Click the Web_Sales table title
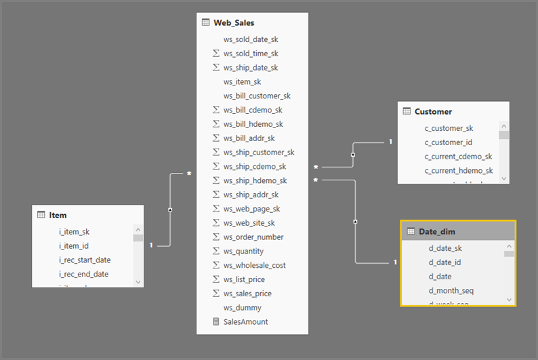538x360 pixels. pos(234,22)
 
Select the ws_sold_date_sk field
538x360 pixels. pos(250,39)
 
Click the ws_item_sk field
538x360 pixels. pos(242,82)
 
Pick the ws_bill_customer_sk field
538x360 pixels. pos(257,96)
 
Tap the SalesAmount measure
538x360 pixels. pos(245,322)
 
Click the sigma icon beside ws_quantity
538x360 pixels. pos(216,252)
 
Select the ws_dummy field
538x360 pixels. pos(242,308)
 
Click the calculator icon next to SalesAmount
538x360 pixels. pos(216,322)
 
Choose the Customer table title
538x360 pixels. pos(433,111)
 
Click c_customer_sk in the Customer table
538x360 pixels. pos(449,128)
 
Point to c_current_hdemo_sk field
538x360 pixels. pos(458,171)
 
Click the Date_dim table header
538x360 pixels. pos(437,231)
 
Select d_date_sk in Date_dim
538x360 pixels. pos(445,248)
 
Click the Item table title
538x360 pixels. pos(58,215)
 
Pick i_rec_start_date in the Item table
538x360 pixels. pos(85,260)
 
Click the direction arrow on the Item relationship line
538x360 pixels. pos(169,210)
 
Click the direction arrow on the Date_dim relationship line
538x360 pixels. pos(356,222)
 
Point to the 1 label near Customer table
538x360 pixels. pos(390,142)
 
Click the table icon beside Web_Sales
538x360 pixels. pos(205,22)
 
